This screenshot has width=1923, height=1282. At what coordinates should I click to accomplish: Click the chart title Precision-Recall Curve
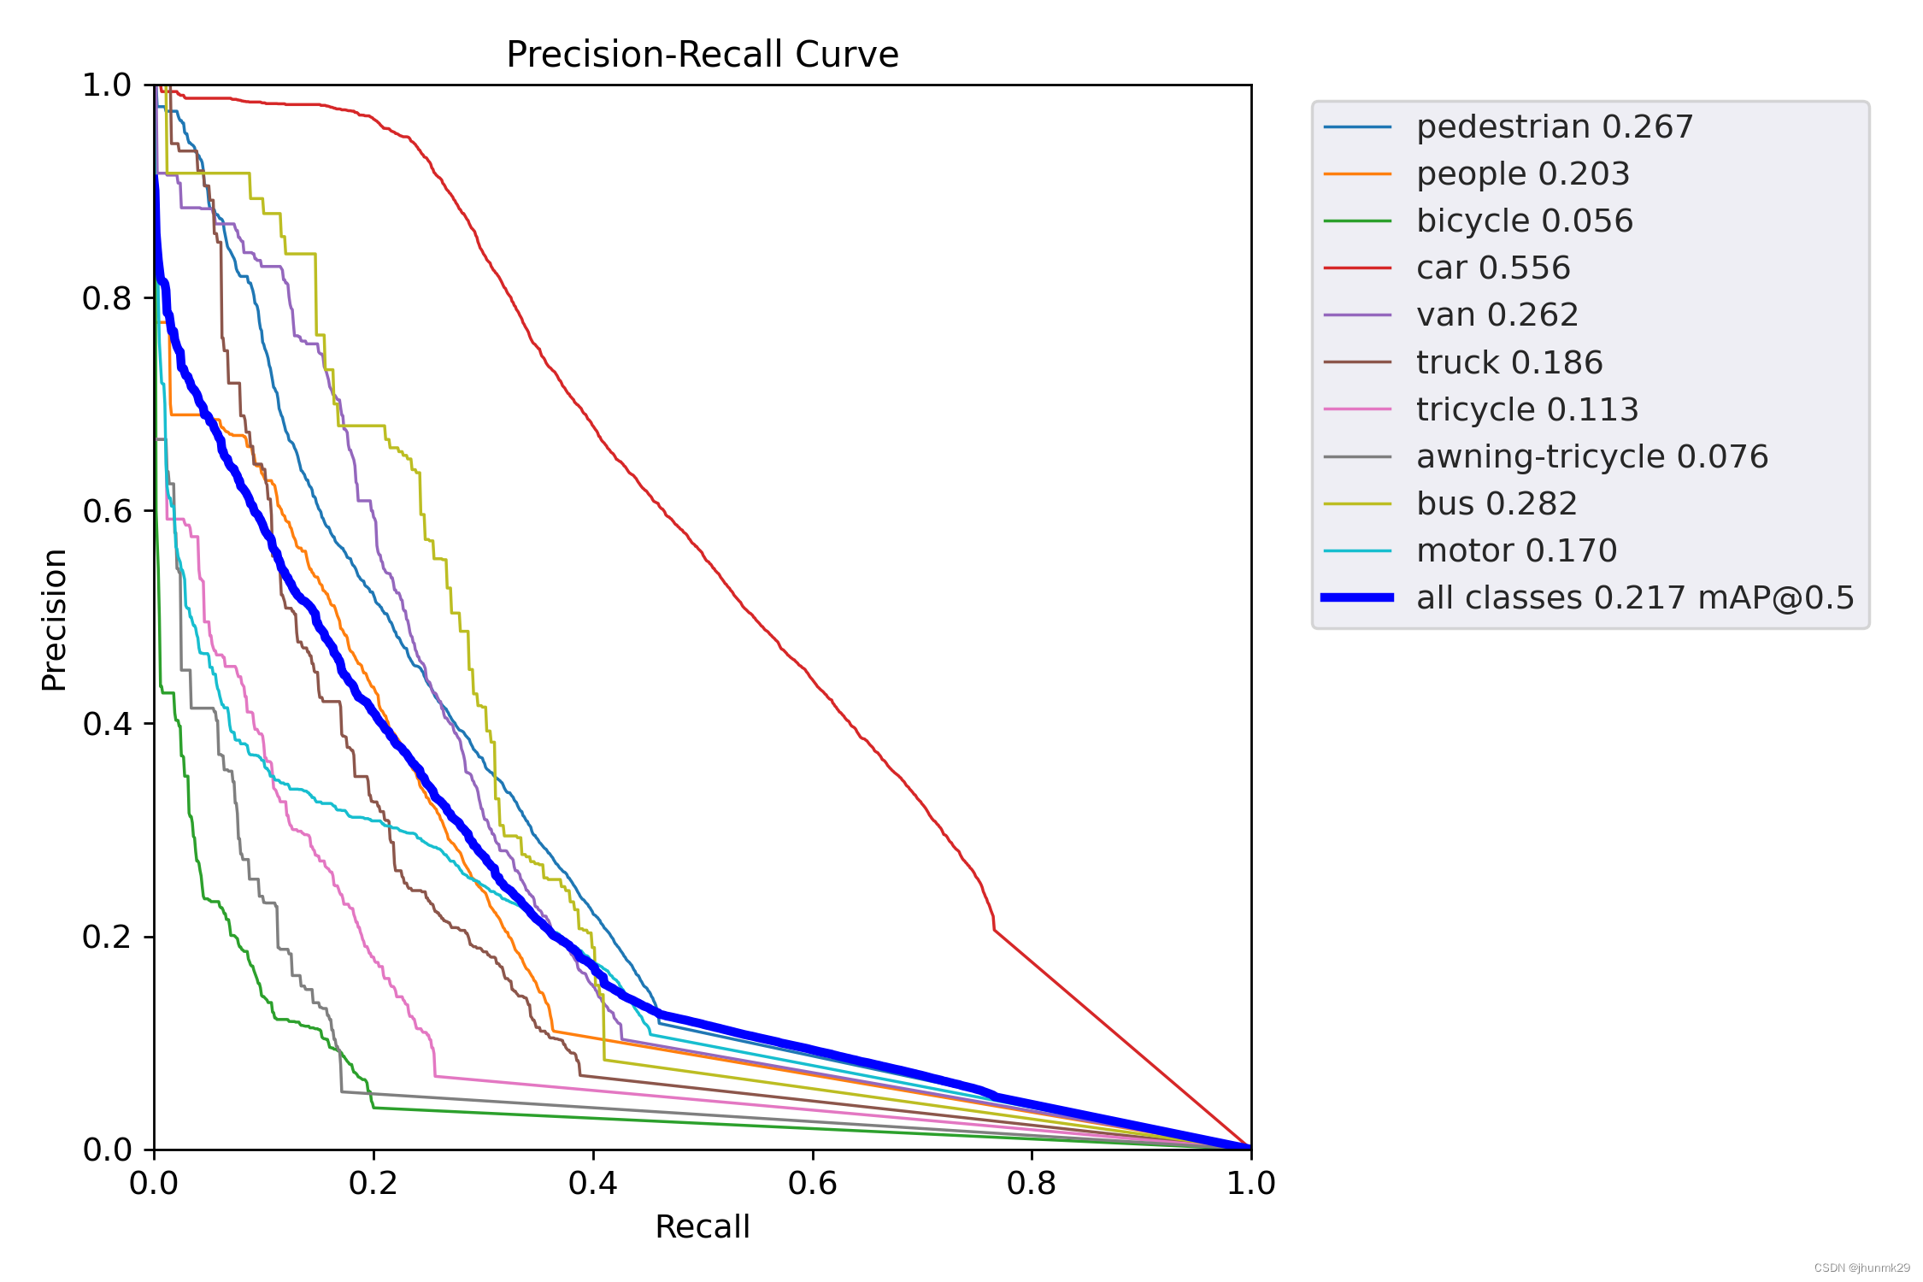pyautogui.click(x=702, y=55)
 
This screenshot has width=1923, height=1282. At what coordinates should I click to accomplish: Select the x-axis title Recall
pyautogui.click(x=702, y=1226)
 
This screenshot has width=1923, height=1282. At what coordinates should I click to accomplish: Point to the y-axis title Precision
pyautogui.click(x=55, y=620)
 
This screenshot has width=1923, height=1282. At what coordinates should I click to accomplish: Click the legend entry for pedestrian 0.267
pyautogui.click(x=1554, y=127)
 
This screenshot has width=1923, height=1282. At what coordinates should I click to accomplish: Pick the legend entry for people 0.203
pyautogui.click(x=1522, y=174)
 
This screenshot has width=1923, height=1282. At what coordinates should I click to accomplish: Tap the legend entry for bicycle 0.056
pyautogui.click(x=1524, y=221)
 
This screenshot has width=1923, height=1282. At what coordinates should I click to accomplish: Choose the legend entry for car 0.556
pyautogui.click(x=1492, y=268)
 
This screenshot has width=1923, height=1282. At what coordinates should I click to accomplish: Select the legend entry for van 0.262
pyautogui.click(x=1497, y=315)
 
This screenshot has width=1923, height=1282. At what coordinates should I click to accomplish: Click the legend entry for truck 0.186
pyautogui.click(x=1508, y=362)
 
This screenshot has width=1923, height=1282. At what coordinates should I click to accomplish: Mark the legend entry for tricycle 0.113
pyautogui.click(x=1526, y=409)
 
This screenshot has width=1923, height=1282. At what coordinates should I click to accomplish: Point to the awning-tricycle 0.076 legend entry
pyautogui.click(x=1591, y=456)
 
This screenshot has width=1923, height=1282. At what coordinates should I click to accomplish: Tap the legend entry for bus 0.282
pyautogui.click(x=1496, y=503)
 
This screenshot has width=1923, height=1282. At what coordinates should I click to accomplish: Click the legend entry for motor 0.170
pyautogui.click(x=1516, y=550)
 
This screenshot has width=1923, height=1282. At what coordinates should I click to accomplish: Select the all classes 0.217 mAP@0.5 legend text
pyautogui.click(x=1634, y=597)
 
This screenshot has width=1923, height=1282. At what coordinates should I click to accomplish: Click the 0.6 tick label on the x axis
pyautogui.click(x=812, y=1183)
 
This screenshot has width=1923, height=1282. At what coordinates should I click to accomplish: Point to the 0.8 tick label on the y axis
pyautogui.click(x=107, y=298)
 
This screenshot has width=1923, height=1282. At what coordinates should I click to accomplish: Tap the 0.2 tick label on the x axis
pyautogui.click(x=373, y=1183)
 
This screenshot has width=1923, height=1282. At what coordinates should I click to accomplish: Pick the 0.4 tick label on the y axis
pyautogui.click(x=107, y=724)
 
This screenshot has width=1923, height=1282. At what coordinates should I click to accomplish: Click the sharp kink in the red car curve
pyautogui.click(x=994, y=930)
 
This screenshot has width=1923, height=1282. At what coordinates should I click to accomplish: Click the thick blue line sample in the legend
pyautogui.click(x=1357, y=597)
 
